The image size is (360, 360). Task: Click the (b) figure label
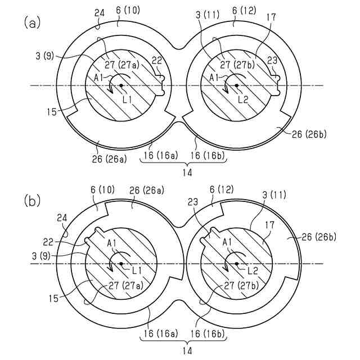pos(31,200)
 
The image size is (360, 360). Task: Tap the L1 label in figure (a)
pos(127,98)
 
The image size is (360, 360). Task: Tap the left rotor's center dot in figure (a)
pos(120,85)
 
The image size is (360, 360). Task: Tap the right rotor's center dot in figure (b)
pos(237,263)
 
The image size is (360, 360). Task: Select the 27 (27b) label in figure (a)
pos(237,65)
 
